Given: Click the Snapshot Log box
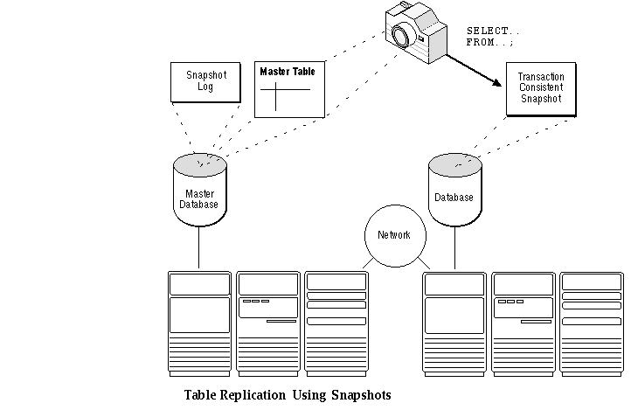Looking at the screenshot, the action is tap(205, 82).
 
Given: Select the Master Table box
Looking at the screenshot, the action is tap(290, 89).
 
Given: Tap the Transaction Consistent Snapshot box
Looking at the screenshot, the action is tap(541, 89).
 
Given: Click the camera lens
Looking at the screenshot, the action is tap(402, 36).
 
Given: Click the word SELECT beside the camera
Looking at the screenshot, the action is tap(488, 31).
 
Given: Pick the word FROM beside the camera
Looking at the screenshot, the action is tap(480, 42).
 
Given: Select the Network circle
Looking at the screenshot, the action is tap(395, 236).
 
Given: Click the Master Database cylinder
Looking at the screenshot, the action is tap(200, 190).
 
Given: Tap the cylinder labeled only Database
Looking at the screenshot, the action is tap(455, 190).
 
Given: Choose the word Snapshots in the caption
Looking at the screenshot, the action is tap(361, 395).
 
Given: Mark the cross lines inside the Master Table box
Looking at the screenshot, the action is tap(285, 96).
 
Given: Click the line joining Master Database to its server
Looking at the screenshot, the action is tap(198, 247).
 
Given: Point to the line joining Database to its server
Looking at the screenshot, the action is tap(454, 247).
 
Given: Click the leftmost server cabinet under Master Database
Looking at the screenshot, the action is tap(199, 324).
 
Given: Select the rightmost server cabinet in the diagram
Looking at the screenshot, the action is tap(592, 324).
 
